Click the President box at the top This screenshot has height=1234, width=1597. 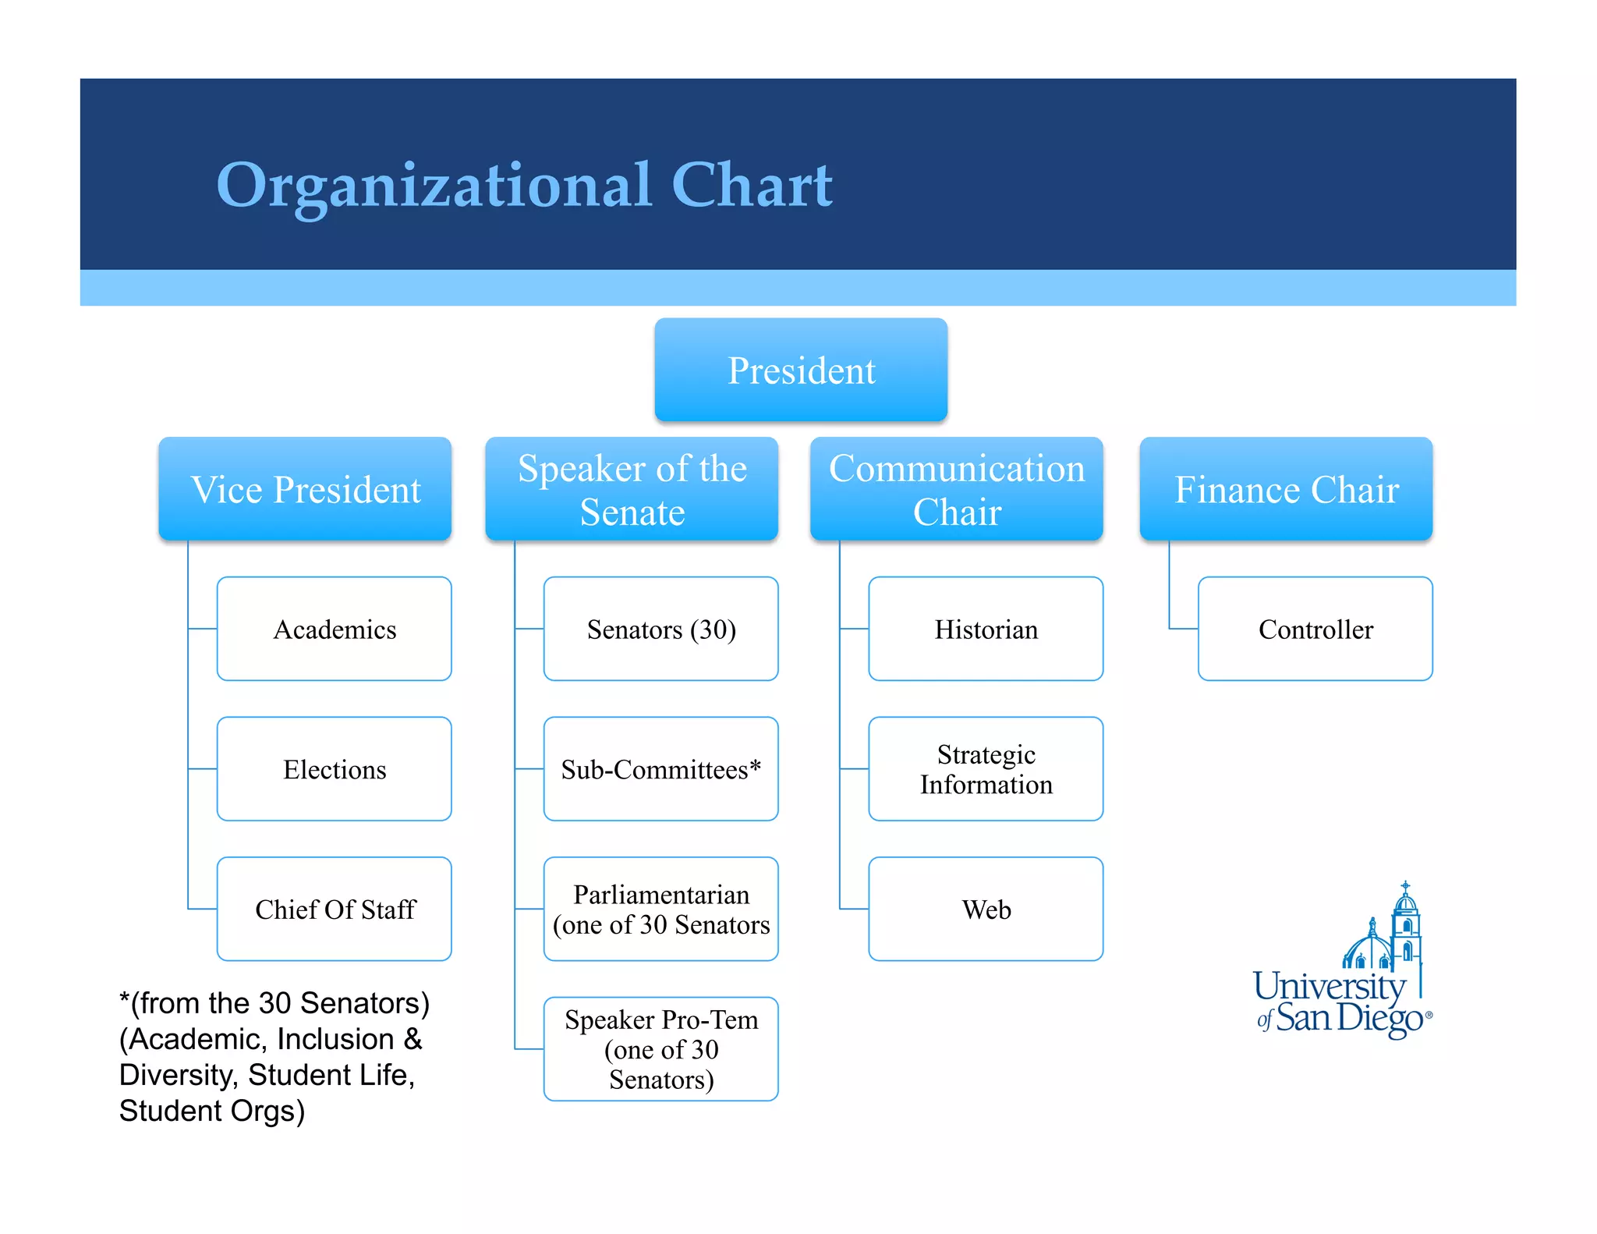pos(801,370)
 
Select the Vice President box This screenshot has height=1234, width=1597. pos(305,489)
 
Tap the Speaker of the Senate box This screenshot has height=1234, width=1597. pos(632,489)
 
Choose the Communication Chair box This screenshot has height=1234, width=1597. pos(956,489)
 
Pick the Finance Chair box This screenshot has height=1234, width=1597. pos(1286,489)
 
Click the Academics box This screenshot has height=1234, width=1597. pos(335,629)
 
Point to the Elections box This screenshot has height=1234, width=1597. pos(335,769)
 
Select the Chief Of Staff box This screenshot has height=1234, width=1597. pos(335,909)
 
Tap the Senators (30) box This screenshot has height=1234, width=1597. pos(661,629)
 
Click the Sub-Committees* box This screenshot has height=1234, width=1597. pos(661,769)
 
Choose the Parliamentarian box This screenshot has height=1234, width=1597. pos(661,909)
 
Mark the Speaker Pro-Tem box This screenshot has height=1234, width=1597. pos(661,1049)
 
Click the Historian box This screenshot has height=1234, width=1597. pos(986,629)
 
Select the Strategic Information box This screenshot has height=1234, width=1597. pos(986,769)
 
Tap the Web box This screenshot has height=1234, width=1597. pos(986,909)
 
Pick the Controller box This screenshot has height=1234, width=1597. pos(1315,629)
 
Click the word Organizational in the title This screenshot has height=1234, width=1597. pos(434,186)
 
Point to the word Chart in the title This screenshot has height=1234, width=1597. pos(752,186)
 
